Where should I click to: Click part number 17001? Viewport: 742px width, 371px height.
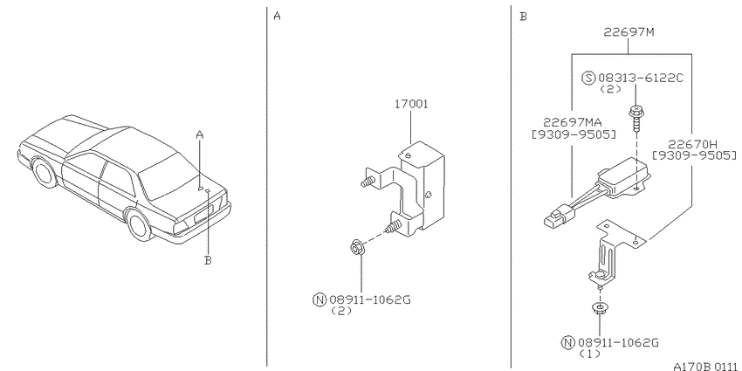pyautogui.click(x=411, y=104)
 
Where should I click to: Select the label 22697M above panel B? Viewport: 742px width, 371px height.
pyautogui.click(x=629, y=32)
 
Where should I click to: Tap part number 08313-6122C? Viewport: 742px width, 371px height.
pyautogui.click(x=641, y=78)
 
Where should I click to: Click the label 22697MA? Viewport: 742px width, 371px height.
pyautogui.click(x=572, y=123)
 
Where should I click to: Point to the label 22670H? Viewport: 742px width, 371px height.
pyautogui.click(x=692, y=144)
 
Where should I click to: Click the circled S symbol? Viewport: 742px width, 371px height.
pyautogui.click(x=588, y=78)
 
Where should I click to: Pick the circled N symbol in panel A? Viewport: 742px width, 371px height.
pyautogui.click(x=319, y=299)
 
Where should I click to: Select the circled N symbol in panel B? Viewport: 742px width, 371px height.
pyautogui.click(x=567, y=342)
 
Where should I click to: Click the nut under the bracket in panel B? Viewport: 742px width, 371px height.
pyautogui.click(x=600, y=309)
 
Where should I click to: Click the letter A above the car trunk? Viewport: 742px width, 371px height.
pyautogui.click(x=200, y=134)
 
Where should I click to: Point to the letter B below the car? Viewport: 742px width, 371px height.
pyautogui.click(x=208, y=260)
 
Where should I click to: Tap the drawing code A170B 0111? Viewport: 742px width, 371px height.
pyautogui.click(x=707, y=366)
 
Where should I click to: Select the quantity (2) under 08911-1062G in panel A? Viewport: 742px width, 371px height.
pyautogui.click(x=341, y=311)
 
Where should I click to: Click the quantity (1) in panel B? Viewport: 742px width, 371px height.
pyautogui.click(x=589, y=354)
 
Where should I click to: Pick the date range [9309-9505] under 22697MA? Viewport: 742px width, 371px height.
pyautogui.click(x=574, y=134)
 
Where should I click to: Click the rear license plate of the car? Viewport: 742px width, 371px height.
pyautogui.click(x=200, y=218)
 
